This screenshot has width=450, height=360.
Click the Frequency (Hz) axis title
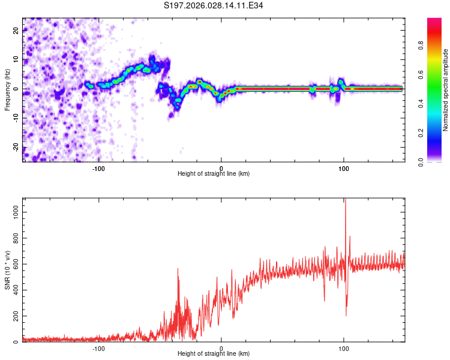pyautogui.click(x=7, y=89)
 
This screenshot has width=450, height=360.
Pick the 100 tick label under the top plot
pyautogui.click(x=344, y=168)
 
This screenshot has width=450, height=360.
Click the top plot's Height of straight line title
pyautogui.click(x=214, y=174)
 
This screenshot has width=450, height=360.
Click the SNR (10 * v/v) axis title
pyautogui.click(x=7, y=269)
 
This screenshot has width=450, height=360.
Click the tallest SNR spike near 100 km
pyautogui.click(x=345, y=200)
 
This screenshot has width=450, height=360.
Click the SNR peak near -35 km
pyautogui.click(x=178, y=269)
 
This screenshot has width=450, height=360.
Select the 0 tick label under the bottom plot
pyautogui.click(x=221, y=348)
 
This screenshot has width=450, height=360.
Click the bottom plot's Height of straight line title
pyautogui.click(x=214, y=354)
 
